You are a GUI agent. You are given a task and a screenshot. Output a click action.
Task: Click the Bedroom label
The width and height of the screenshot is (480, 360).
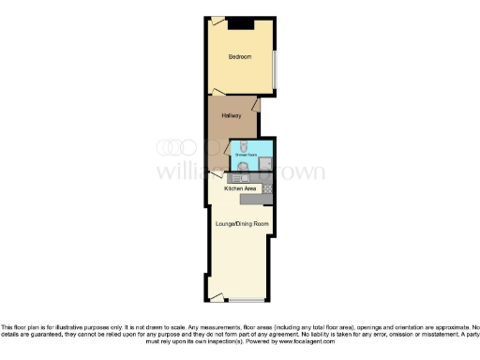coord(241,57)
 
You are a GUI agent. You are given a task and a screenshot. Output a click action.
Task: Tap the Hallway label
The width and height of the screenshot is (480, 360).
coord(232,115)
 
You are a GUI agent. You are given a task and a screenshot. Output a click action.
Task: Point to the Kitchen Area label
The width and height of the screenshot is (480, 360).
coord(240,189)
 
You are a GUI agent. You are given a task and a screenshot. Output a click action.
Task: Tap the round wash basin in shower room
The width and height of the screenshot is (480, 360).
coord(244,167)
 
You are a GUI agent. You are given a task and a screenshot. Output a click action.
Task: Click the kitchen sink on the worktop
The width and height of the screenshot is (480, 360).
coord(241,180)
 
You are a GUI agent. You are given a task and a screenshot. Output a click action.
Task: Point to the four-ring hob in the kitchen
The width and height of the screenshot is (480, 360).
coord(267,189)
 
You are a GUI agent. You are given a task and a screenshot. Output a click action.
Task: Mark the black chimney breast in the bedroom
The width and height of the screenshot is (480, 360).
coord(241,23)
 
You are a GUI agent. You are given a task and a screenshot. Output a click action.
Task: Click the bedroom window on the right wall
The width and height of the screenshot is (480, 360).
coord(275,67)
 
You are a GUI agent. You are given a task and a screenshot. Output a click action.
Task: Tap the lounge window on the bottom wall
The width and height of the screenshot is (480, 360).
coord(247,301)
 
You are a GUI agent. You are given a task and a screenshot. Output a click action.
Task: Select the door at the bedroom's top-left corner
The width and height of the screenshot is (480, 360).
coord(217,22)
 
